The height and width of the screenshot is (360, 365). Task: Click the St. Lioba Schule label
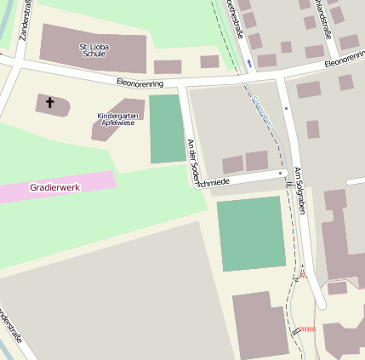pyautogui.click(x=94, y=49)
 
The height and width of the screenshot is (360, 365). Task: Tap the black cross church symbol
pyautogui.click(x=49, y=103)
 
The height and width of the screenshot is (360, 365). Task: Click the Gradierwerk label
pyautogui.click(x=54, y=186)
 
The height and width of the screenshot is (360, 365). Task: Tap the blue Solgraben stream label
pyautogui.click(x=262, y=111)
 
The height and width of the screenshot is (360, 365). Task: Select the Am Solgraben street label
pyautogui.click(x=299, y=189)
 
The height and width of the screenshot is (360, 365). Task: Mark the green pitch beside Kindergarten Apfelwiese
pyautogui.click(x=167, y=129)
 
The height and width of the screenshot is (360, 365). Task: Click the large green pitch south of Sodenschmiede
pyautogui.click(x=250, y=233)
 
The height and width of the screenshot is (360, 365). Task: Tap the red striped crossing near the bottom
pyautogui.click(x=306, y=329)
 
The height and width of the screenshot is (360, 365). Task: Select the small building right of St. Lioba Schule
pyautogui.click(x=168, y=66)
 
